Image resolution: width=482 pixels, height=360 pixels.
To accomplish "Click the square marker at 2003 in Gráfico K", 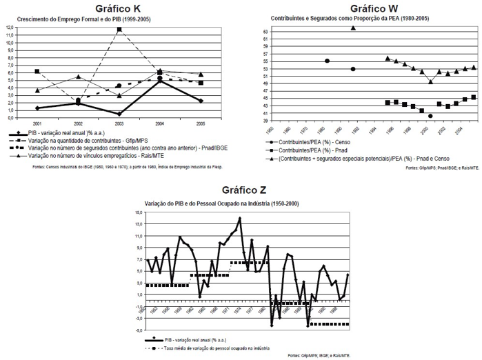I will tap(120, 30).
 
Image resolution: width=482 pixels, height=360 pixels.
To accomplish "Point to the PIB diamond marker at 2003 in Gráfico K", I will tap(119, 114).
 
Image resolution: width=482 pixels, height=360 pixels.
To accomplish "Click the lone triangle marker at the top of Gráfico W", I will tap(353, 28).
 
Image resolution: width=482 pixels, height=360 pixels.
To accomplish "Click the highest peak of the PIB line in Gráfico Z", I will tap(240, 219).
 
